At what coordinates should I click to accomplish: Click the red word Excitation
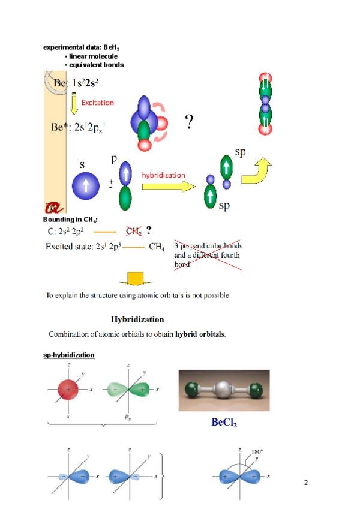point(97,103)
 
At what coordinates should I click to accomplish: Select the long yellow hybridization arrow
point(167,186)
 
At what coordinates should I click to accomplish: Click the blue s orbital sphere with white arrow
point(86,185)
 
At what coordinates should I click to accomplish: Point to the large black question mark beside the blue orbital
point(189,123)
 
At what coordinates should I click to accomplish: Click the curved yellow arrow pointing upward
point(258,171)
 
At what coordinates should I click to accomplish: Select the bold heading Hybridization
point(137,319)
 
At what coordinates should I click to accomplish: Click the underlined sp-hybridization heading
point(68,355)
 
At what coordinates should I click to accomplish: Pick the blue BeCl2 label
point(224,423)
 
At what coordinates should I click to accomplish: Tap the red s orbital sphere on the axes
point(68,390)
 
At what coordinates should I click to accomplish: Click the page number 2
point(305,483)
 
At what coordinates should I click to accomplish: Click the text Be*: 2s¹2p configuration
point(78,127)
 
